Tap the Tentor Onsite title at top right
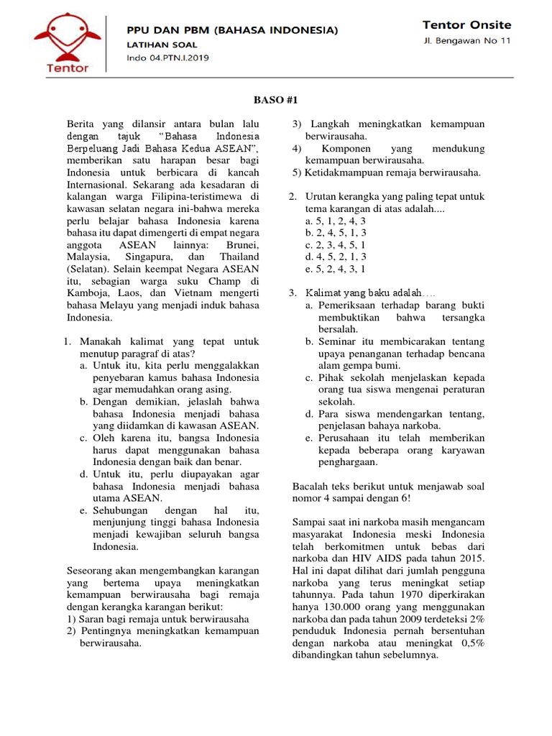(466, 24)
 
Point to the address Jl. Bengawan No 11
(467, 41)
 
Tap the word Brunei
(242, 244)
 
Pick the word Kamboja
(88, 293)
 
